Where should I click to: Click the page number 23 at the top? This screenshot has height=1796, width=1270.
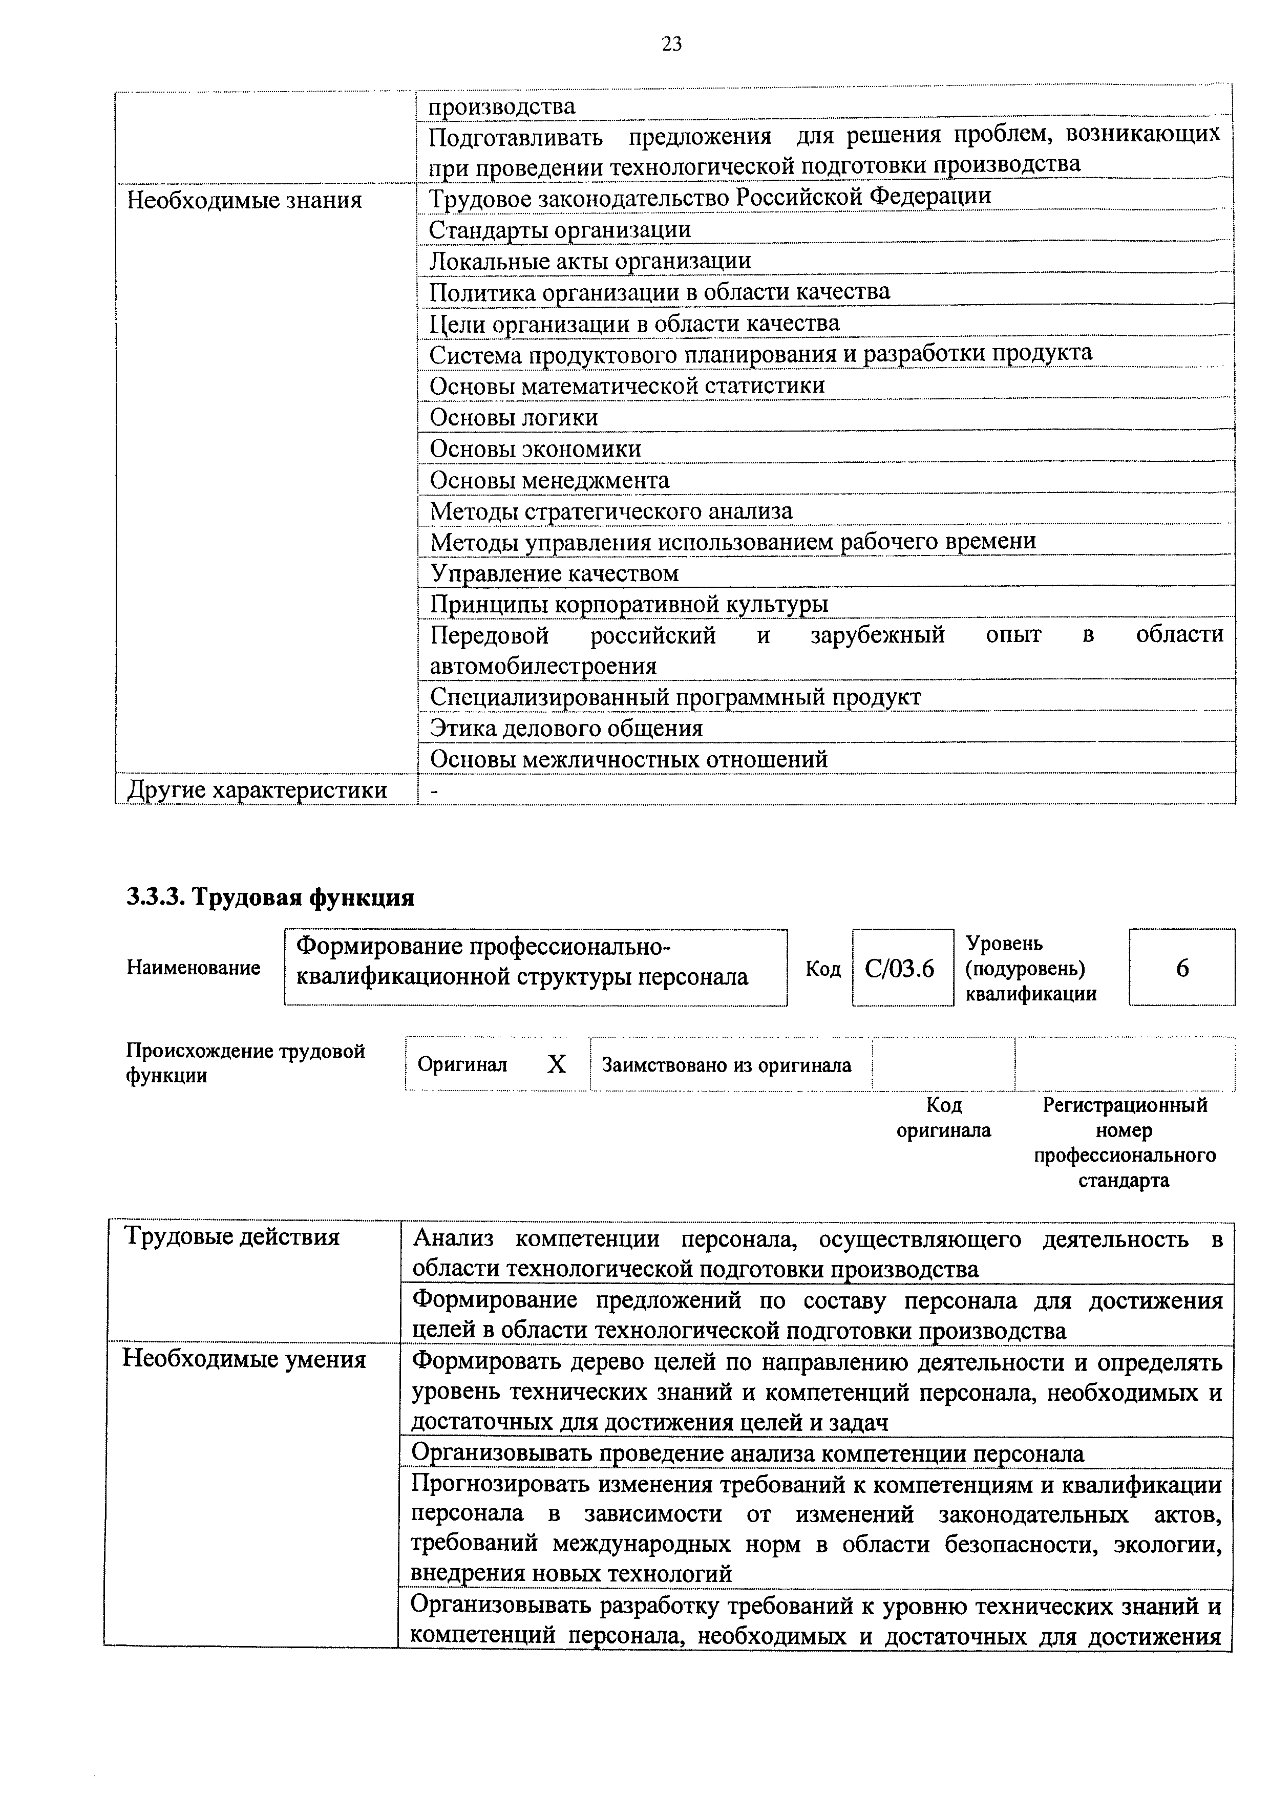[671, 45]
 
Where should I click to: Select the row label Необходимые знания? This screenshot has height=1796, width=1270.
[244, 200]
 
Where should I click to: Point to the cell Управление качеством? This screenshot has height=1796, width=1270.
[554, 573]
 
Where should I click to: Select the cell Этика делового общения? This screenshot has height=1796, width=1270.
[566, 728]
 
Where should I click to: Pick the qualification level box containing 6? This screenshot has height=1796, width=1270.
[1181, 969]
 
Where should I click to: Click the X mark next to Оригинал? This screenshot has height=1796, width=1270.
[556, 1064]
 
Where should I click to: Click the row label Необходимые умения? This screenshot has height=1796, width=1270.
[244, 1359]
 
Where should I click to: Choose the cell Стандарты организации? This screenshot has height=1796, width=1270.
[560, 229]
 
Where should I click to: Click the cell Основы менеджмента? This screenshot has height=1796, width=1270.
[549, 480]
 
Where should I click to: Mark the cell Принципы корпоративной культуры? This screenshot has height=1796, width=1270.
[629, 604]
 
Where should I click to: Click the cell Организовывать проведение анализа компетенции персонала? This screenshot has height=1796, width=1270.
[747, 1453]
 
